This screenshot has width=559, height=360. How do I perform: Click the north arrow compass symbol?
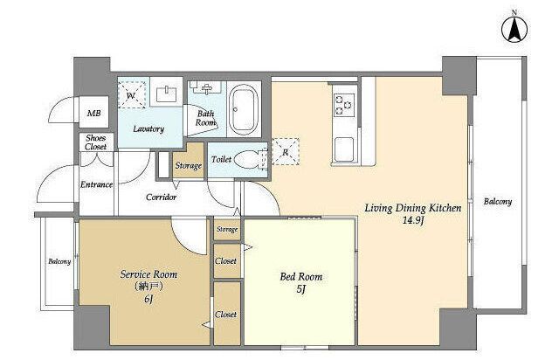(x=514, y=29)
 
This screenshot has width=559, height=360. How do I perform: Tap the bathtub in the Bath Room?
(x=245, y=109)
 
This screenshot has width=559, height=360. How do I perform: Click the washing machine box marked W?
(x=132, y=94)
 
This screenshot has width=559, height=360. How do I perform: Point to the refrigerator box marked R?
(x=286, y=152)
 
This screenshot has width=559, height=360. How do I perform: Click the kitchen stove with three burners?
(x=344, y=105)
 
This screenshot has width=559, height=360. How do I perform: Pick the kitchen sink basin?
(x=344, y=149)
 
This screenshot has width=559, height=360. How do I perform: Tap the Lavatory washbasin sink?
(x=166, y=94)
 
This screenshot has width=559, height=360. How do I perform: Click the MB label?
(x=94, y=113)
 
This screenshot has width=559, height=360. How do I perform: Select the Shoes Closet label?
(x=95, y=142)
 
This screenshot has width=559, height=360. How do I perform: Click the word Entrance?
(x=96, y=184)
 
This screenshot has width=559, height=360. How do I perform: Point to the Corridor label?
(x=161, y=197)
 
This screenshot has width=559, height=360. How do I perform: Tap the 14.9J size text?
(x=413, y=220)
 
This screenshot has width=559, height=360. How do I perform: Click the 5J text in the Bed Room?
(x=301, y=288)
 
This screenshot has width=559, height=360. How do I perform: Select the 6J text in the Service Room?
(x=148, y=299)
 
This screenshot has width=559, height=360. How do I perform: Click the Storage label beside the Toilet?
(x=189, y=165)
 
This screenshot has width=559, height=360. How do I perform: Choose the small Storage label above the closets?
(x=227, y=229)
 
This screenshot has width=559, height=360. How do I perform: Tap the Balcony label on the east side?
(x=498, y=202)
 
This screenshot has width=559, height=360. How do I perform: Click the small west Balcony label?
(x=59, y=261)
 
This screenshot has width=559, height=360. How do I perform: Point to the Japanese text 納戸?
(x=148, y=286)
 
